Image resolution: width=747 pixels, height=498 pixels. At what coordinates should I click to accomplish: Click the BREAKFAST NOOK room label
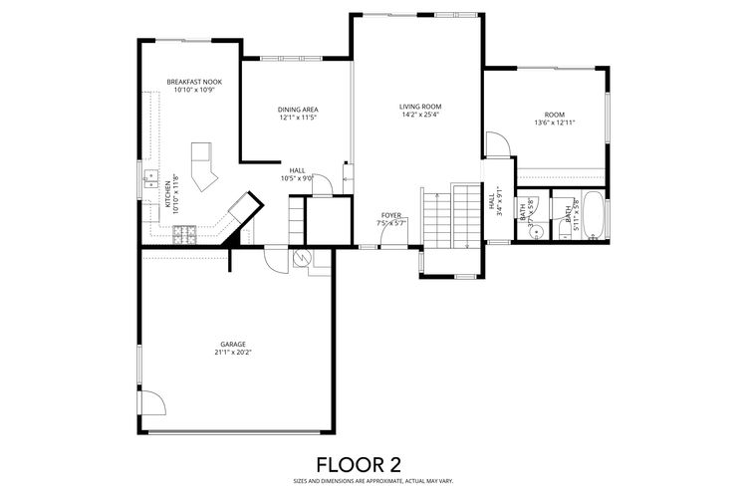(194, 82)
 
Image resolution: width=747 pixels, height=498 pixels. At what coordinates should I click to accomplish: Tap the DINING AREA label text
(298, 109)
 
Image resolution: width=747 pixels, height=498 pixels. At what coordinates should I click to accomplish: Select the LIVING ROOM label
(419, 106)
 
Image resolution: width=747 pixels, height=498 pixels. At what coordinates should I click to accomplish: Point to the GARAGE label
(233, 344)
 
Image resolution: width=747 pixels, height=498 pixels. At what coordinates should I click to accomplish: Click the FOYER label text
(391, 215)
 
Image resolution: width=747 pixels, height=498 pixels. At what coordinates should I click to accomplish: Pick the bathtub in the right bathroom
(595, 217)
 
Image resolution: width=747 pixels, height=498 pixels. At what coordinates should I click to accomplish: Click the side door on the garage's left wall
(148, 403)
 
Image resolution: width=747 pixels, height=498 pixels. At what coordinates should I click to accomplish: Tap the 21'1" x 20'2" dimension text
(233, 353)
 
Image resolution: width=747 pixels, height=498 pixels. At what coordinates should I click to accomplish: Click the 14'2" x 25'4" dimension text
(419, 115)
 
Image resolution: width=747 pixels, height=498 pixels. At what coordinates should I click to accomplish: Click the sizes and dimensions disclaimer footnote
(373, 481)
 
